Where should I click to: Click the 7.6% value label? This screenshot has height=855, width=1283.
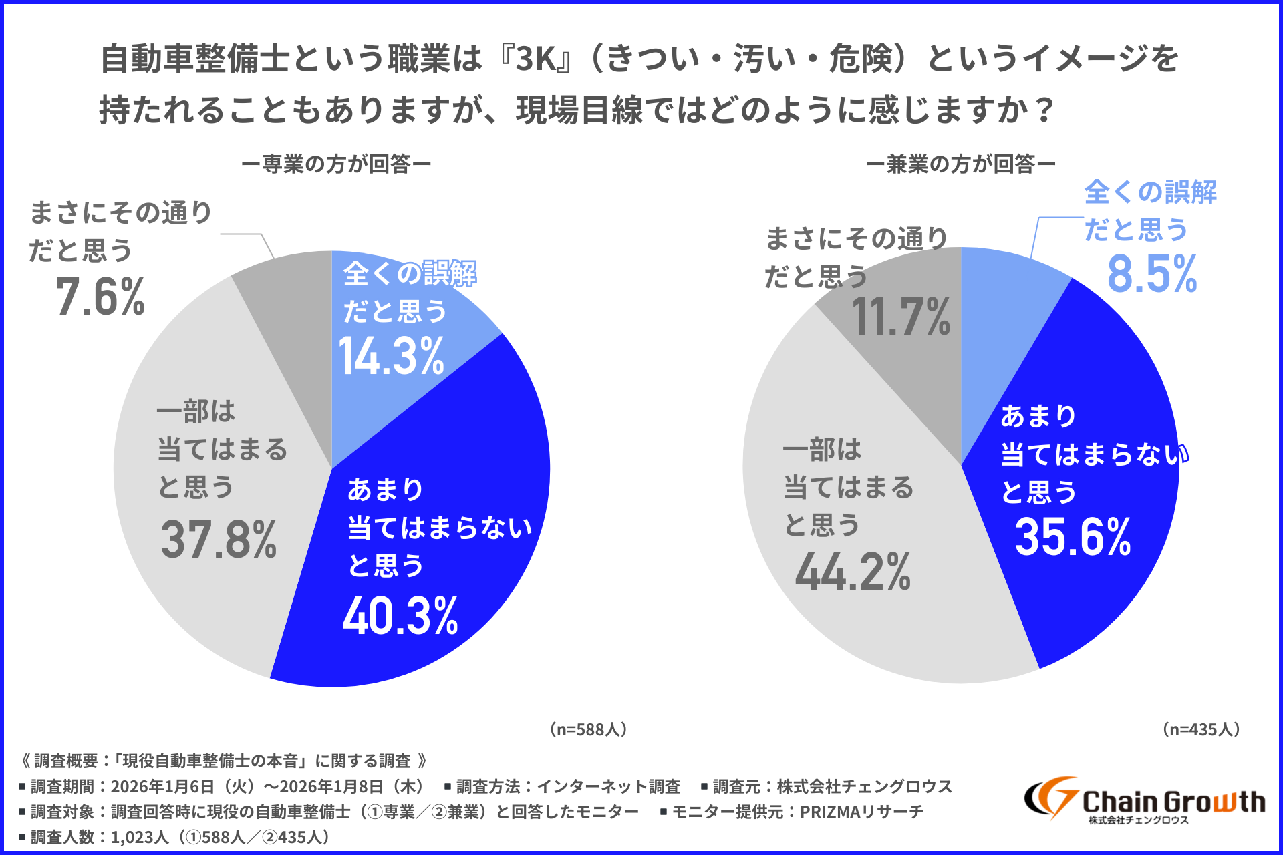pyautogui.click(x=100, y=297)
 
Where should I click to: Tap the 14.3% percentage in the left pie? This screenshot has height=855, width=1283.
pyautogui.click(x=392, y=357)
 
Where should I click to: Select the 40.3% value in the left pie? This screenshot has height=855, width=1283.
pyautogui.click(x=400, y=616)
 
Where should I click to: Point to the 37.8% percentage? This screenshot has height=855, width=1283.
pyautogui.click(x=219, y=540)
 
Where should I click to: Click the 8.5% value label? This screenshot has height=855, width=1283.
pyautogui.click(x=1152, y=274)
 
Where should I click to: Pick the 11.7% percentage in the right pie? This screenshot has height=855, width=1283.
pyautogui.click(x=901, y=317)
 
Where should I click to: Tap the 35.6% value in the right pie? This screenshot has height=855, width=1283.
pyautogui.click(x=1073, y=537)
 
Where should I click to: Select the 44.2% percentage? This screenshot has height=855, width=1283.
pyautogui.click(x=853, y=572)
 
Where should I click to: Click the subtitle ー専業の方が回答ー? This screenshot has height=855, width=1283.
pyautogui.click(x=336, y=164)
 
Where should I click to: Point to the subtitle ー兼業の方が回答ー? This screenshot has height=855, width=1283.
pyautogui.click(x=961, y=164)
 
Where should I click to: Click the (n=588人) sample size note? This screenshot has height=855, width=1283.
pyautogui.click(x=588, y=729)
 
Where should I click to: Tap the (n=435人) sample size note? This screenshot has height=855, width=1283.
pyautogui.click(x=1201, y=729)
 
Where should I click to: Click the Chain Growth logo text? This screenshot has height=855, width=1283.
pyautogui.click(x=1173, y=802)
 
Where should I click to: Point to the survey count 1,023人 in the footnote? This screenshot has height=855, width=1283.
pyautogui.click(x=140, y=837)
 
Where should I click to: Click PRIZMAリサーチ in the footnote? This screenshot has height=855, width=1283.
pyautogui.click(x=862, y=812)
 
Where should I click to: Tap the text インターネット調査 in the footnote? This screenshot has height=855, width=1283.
pyautogui.click(x=608, y=786)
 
